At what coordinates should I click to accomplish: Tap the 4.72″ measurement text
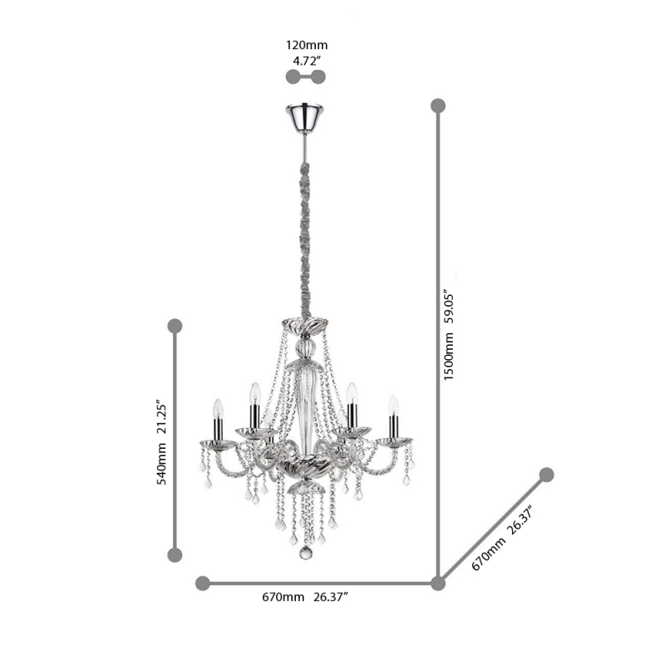[x=304, y=60]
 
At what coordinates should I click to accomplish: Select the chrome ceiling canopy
[x=305, y=118]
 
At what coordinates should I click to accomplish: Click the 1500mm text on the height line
[x=449, y=353]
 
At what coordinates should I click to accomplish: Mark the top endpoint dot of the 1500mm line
[x=438, y=106]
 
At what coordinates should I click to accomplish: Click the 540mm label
[x=164, y=462]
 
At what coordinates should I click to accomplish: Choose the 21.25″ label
[x=164, y=419]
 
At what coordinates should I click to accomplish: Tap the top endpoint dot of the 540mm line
[x=175, y=326]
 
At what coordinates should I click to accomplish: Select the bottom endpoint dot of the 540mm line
[x=175, y=554]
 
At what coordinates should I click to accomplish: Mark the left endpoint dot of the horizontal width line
[x=203, y=584]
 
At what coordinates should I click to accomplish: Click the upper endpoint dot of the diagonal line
[x=546, y=475]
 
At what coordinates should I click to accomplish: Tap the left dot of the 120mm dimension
[x=292, y=77]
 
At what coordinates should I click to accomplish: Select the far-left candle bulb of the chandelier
[x=218, y=408]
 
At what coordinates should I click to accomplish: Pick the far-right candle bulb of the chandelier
[x=393, y=405]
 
